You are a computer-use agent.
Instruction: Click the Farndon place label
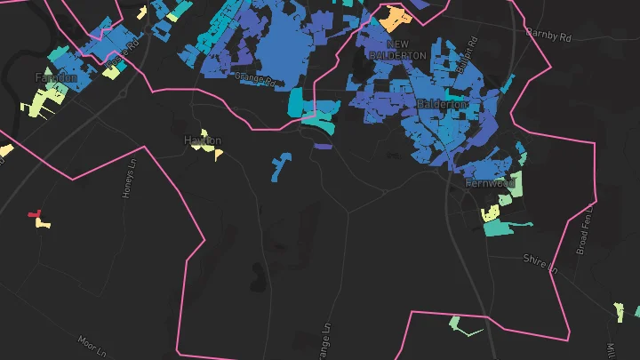56,78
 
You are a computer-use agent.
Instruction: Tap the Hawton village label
202,140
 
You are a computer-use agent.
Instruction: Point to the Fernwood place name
490,182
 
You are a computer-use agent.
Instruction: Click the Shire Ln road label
540,262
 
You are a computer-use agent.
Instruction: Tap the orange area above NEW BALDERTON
392,18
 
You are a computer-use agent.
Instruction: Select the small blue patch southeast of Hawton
281,164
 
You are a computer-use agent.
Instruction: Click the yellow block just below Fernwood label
490,212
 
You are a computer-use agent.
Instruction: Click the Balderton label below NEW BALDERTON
442,105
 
